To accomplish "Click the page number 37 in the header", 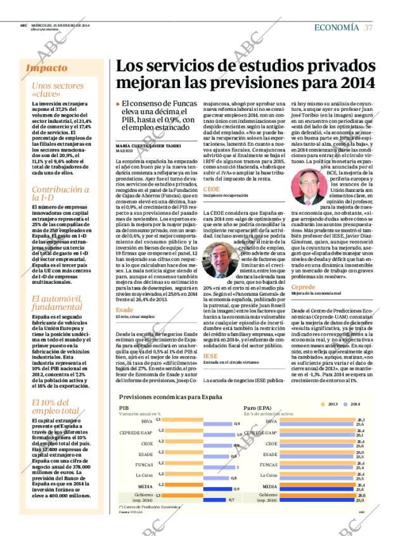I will point(368,27).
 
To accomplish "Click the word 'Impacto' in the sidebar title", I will point(47,68).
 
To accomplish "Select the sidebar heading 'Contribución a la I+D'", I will point(61,194).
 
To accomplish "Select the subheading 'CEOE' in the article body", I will point(212,189).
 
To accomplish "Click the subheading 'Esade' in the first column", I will point(124,310).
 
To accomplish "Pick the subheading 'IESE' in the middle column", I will point(210,356).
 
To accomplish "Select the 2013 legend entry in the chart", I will point(330,404).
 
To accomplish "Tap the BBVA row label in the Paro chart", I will point(271,421).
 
